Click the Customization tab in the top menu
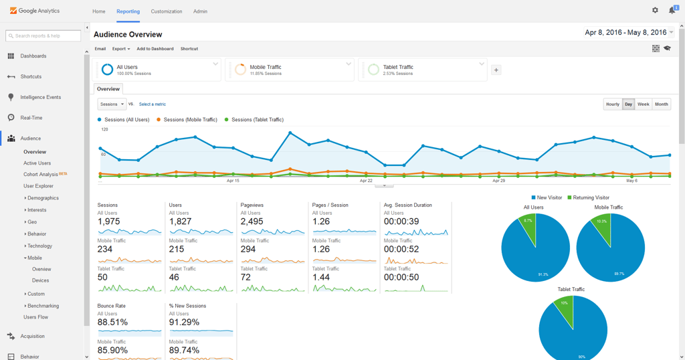[167, 11]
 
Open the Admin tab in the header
[200, 11]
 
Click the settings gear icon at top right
[655, 10]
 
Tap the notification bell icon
[672, 10]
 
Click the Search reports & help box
[43, 35]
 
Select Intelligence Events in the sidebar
[40, 97]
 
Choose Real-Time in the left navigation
[31, 118]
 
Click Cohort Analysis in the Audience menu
[41, 174]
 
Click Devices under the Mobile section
[40, 280]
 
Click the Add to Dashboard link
[155, 49]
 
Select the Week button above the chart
[643, 104]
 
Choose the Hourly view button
[612, 104]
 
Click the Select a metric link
[153, 104]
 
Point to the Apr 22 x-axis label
[366, 181]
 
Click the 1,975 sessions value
[109, 221]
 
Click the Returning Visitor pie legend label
[590, 197]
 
